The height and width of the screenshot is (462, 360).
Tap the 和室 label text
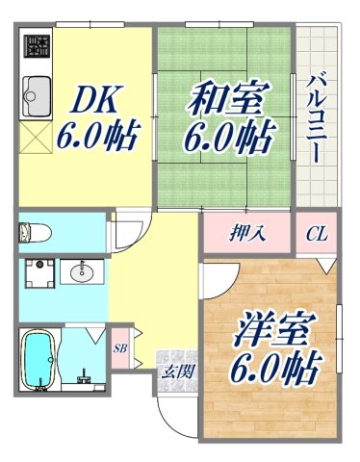pyautogui.click(x=224, y=98)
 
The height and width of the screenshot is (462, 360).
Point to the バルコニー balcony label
pyautogui.click(x=317, y=105)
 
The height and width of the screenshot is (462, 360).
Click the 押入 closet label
pyautogui.click(x=247, y=234)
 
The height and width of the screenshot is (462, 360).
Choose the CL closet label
pyautogui.click(x=317, y=234)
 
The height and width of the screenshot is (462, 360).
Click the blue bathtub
pyautogui.click(x=37, y=360)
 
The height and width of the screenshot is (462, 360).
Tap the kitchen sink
pyautogui.click(x=37, y=94)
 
